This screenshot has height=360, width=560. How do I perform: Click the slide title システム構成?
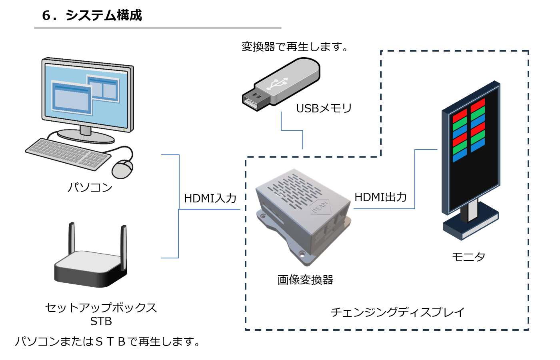point(92,15)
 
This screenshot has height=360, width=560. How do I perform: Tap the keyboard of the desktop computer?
point(68,154)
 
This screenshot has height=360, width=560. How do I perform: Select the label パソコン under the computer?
point(90,187)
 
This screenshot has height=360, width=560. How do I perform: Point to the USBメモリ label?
point(324,108)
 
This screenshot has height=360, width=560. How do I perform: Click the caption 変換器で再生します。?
point(295,47)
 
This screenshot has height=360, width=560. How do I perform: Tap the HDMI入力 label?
point(210,198)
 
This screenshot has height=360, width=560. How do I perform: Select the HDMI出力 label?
point(380,197)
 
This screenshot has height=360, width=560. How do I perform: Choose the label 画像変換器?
point(305,280)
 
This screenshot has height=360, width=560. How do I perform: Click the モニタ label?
point(468,257)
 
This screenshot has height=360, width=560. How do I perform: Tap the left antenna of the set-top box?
point(72,238)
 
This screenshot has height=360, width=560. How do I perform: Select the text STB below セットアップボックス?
point(101,322)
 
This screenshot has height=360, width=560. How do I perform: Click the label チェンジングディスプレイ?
point(398,312)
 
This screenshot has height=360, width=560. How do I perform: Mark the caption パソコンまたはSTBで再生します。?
point(108,342)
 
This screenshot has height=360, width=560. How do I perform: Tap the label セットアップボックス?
point(101,308)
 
